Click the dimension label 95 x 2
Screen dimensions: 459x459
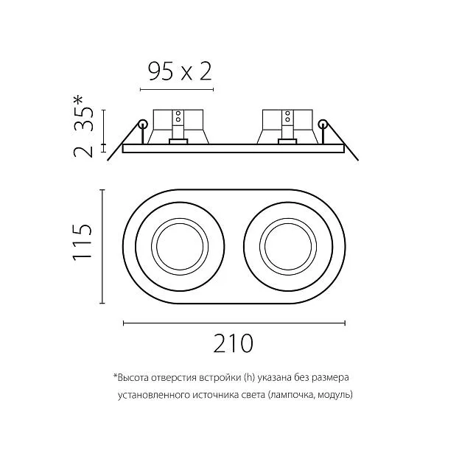click(x=180, y=71)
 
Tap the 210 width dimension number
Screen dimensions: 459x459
click(x=234, y=343)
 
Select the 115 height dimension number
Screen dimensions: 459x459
click(x=83, y=242)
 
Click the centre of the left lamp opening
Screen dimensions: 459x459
click(x=180, y=246)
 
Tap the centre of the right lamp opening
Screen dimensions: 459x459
click(x=288, y=246)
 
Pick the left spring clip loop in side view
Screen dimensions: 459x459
click(x=143, y=124)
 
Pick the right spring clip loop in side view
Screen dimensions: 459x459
click(x=323, y=124)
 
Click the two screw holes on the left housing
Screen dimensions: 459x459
click(x=178, y=116)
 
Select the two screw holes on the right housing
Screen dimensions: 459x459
click(x=287, y=116)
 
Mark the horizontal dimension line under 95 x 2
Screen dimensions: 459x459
click(x=177, y=89)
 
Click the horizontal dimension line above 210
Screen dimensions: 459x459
click(x=234, y=323)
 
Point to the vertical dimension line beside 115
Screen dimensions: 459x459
click(x=102, y=247)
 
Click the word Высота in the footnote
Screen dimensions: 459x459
click(x=133, y=378)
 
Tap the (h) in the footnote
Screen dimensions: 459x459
click(x=249, y=378)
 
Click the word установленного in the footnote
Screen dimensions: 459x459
click(x=154, y=395)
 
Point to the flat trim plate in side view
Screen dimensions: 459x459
click(x=234, y=148)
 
